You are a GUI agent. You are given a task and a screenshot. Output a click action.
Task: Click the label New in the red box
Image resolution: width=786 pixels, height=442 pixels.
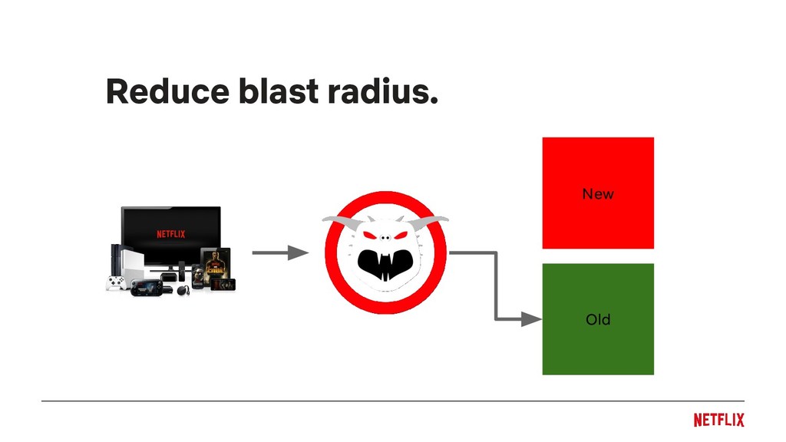click(x=598, y=194)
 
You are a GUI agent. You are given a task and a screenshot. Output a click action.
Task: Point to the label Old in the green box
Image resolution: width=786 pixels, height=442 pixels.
click(x=598, y=319)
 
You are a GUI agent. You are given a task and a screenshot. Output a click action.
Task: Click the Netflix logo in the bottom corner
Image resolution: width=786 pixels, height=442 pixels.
click(x=718, y=420)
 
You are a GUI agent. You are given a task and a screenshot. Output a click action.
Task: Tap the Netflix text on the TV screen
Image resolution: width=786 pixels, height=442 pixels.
click(x=170, y=234)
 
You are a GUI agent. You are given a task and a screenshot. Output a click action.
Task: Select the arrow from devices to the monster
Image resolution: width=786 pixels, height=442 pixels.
click(x=279, y=252)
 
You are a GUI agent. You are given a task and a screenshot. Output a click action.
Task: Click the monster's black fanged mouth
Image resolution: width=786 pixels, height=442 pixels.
click(x=386, y=266)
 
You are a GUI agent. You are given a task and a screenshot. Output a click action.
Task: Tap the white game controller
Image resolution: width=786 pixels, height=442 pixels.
click(x=117, y=283)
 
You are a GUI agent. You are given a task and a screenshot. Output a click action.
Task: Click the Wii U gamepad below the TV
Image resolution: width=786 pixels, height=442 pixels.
click(x=145, y=288)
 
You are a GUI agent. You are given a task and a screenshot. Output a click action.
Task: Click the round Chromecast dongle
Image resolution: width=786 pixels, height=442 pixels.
click(x=183, y=290)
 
